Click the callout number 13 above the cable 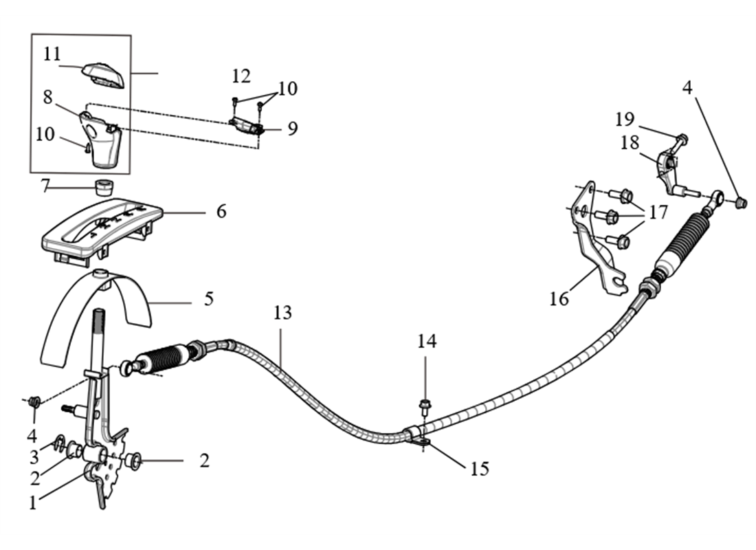282,313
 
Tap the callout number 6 221,211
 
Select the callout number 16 559,299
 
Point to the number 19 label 624,120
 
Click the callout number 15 479,469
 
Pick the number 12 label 241,75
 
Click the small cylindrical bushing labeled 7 104,186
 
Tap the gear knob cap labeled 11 104,75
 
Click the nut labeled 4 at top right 741,202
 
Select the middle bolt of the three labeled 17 610,217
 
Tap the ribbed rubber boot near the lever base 160,360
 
